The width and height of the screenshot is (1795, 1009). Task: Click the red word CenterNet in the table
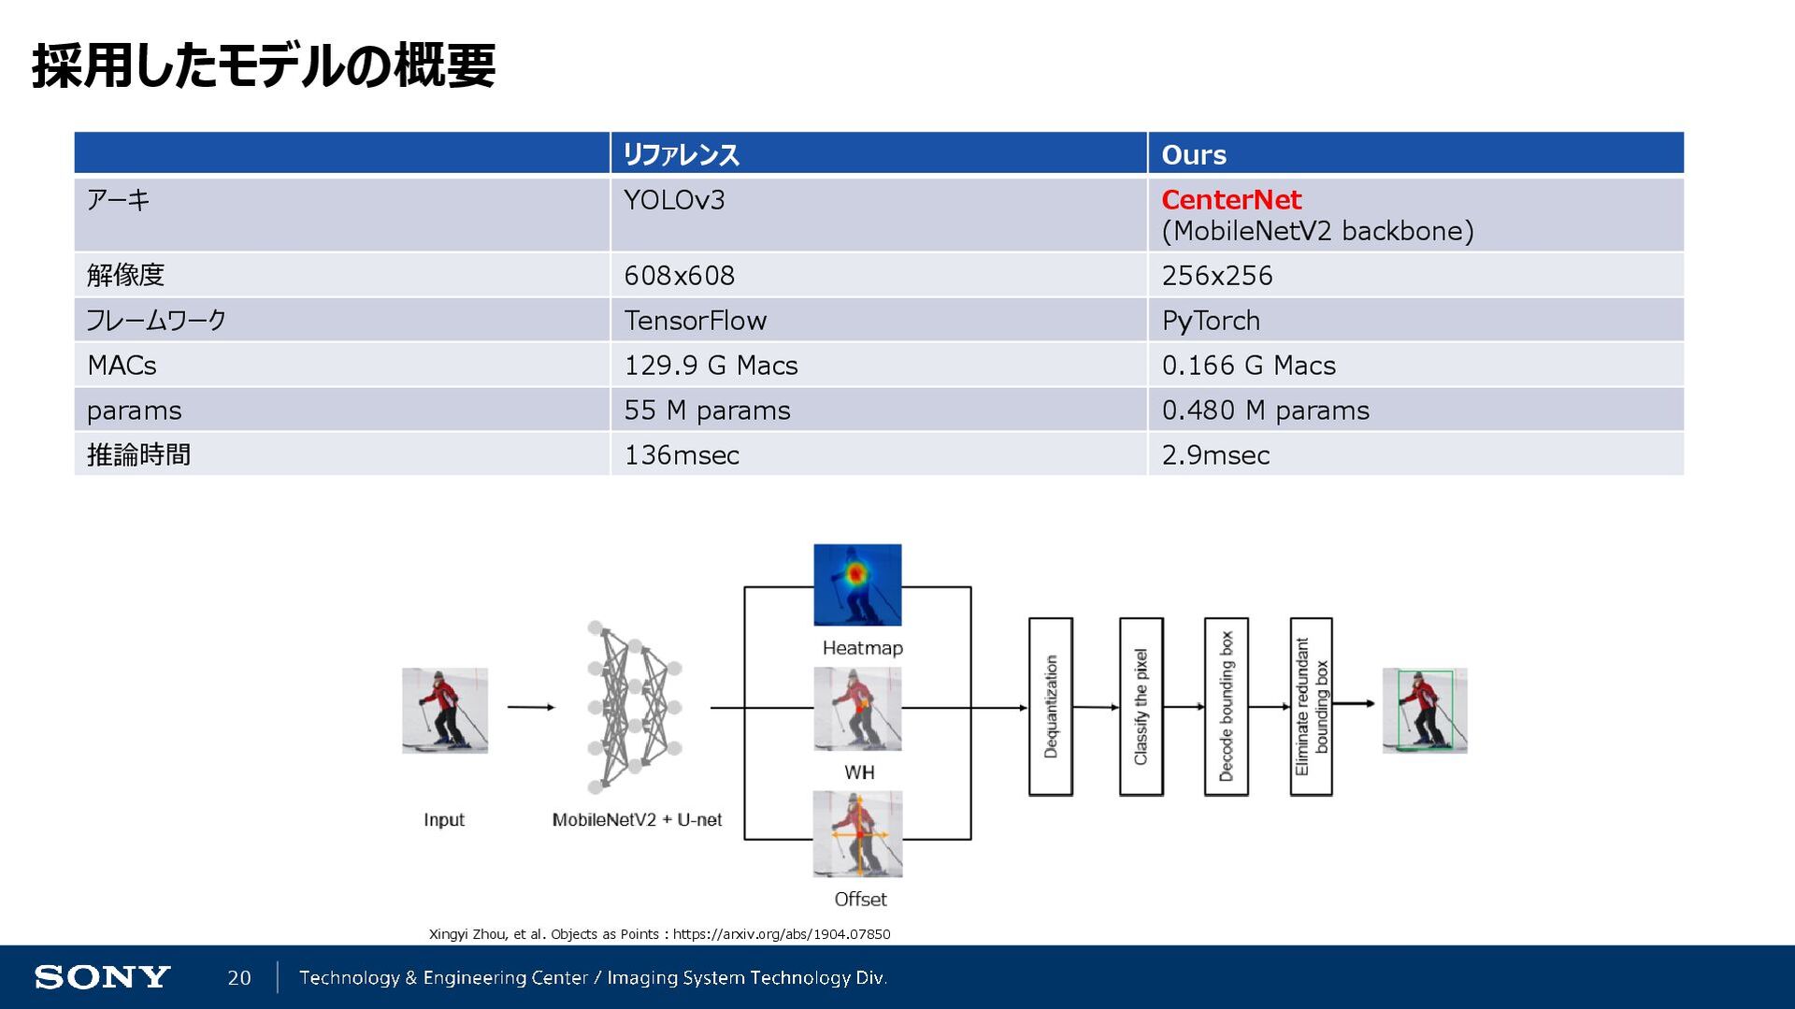point(1230,199)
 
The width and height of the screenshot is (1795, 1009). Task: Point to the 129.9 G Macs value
point(711,366)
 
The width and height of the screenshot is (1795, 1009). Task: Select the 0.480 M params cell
point(1265,411)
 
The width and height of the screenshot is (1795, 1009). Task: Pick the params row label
point(134,411)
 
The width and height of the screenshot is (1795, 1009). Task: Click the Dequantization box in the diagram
point(1050,706)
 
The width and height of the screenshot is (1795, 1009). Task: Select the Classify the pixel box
point(1141,706)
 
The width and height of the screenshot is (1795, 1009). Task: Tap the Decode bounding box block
point(1226,706)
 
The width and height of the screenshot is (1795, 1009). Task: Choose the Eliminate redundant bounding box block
point(1311,706)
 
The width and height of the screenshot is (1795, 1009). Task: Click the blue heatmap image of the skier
point(857,584)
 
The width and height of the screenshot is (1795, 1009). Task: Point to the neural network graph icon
point(635,706)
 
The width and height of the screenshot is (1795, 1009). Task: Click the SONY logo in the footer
point(102,977)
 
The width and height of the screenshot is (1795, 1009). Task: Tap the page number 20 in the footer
point(239,978)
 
